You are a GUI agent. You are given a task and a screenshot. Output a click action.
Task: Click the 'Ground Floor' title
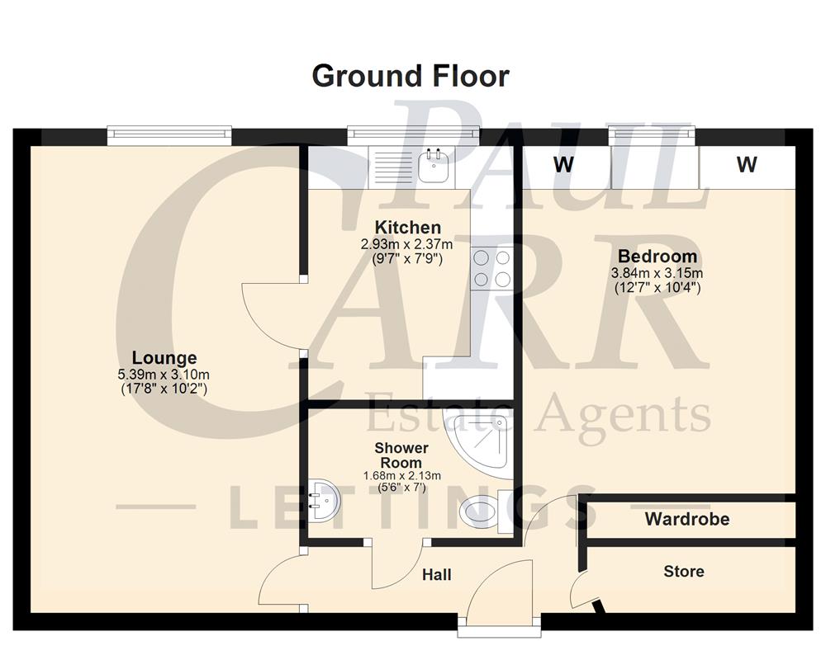[411, 76]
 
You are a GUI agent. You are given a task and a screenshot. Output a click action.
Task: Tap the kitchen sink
[434, 167]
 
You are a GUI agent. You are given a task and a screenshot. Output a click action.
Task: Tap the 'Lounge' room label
[164, 358]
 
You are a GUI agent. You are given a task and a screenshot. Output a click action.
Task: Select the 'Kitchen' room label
[407, 227]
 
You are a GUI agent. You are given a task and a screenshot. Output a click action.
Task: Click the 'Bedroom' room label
[657, 256]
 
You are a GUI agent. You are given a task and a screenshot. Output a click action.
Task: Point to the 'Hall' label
[436, 574]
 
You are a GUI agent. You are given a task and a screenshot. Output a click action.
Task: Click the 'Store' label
[684, 571]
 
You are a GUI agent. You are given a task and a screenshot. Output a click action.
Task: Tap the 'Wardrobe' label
[687, 520]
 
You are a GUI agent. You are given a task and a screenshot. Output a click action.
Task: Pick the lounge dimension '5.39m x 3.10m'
[164, 375]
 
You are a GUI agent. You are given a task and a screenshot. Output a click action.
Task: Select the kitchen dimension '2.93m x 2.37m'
[407, 244]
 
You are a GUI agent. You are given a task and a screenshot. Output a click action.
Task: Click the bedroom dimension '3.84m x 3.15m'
[657, 273]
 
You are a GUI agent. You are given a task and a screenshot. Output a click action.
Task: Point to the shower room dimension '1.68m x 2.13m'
[401, 476]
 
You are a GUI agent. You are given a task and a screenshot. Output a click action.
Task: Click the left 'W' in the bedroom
[564, 165]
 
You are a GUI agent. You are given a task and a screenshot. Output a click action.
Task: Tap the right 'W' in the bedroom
[747, 165]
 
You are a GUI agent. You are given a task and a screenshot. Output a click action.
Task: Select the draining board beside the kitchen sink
[392, 166]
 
